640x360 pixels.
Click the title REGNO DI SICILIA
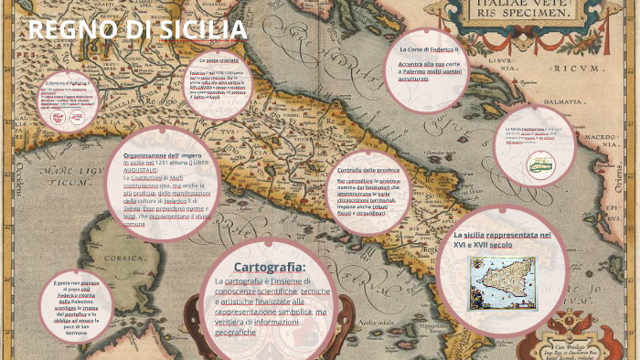click(x=137, y=29)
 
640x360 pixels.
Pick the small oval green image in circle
click(x=540, y=164)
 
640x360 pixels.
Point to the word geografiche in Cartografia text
click(x=236, y=332)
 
